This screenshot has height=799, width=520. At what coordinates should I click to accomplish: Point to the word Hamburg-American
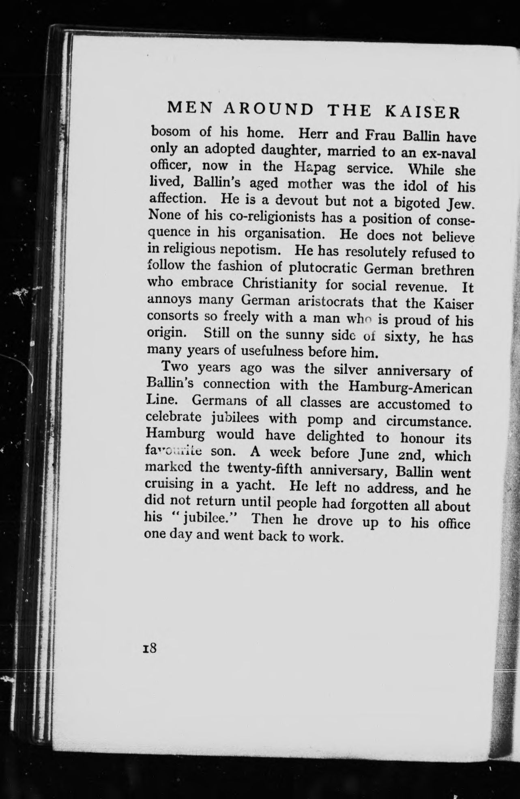click(x=410, y=387)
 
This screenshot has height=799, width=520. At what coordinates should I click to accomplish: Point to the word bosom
click(x=170, y=132)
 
